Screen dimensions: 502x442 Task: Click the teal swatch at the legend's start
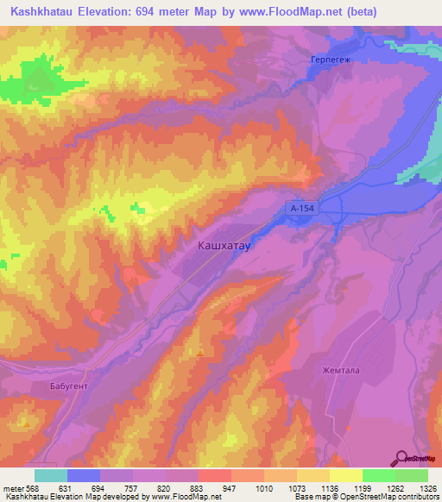pos(51,475)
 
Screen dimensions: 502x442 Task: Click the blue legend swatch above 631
pos(84,475)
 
